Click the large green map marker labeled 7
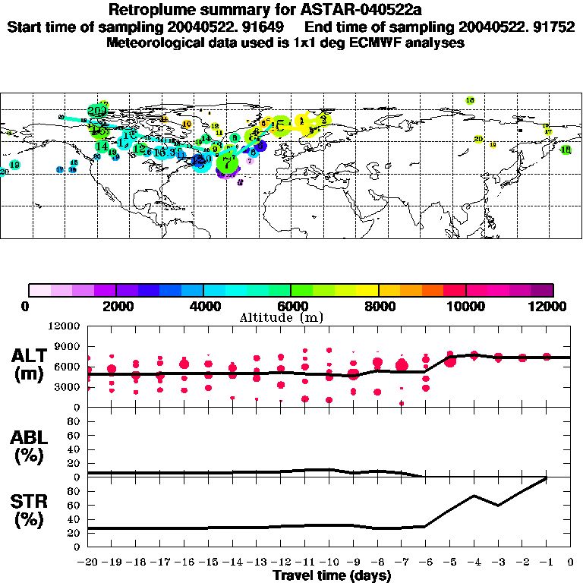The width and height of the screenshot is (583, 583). (x=227, y=161)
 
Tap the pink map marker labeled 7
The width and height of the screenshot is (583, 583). (x=250, y=160)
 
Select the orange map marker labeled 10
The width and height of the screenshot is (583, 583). (x=186, y=124)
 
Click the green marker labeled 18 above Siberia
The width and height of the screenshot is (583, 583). (x=470, y=100)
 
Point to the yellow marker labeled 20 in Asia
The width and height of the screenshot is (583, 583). (x=477, y=139)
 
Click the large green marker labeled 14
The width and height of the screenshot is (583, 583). (x=102, y=146)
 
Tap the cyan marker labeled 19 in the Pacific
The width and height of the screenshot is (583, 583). (x=14, y=165)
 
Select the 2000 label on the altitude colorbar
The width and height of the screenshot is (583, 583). (x=115, y=306)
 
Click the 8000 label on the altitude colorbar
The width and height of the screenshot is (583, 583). (x=378, y=306)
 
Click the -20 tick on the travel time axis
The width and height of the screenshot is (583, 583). (x=87, y=564)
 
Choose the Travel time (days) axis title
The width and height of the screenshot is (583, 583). (x=332, y=576)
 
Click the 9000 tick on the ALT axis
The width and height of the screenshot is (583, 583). (x=66, y=345)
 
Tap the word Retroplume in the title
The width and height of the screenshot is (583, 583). (x=151, y=10)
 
